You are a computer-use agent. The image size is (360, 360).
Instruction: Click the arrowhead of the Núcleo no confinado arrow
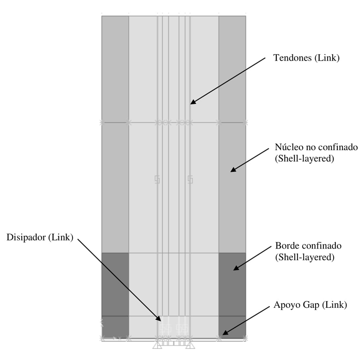pos(232,171)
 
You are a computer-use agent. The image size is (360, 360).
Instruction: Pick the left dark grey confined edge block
pos(115,284)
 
